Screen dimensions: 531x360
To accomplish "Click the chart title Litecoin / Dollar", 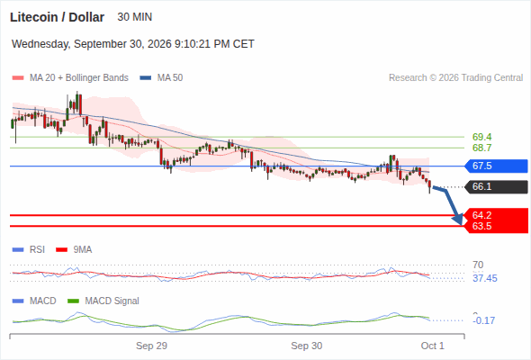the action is point(57,17).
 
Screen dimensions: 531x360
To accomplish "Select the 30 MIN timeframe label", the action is point(134,17).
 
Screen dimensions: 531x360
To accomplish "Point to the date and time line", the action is point(133,44).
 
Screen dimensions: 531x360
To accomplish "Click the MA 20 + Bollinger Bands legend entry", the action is point(70,78).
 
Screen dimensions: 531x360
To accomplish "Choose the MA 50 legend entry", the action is point(161,78).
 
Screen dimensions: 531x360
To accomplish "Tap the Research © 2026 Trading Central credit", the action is point(455,78).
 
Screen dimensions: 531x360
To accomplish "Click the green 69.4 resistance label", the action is point(481,137).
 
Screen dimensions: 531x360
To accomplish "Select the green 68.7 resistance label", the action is point(481,148).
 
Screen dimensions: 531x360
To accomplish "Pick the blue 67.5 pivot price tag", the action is point(496,166).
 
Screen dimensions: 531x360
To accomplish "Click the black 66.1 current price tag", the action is point(496,186).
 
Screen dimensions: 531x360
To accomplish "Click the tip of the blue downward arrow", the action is point(461,224).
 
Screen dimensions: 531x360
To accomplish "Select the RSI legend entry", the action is point(29,249).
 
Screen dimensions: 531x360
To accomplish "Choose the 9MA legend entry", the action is point(74,249).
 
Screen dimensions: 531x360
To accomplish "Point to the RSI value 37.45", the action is point(485,278).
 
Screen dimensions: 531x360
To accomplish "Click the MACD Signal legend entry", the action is point(103,301).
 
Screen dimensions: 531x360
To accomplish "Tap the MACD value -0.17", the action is point(483,320).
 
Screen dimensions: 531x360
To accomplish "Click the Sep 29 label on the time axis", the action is point(151,346).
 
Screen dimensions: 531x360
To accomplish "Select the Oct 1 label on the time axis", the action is point(433,346).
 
